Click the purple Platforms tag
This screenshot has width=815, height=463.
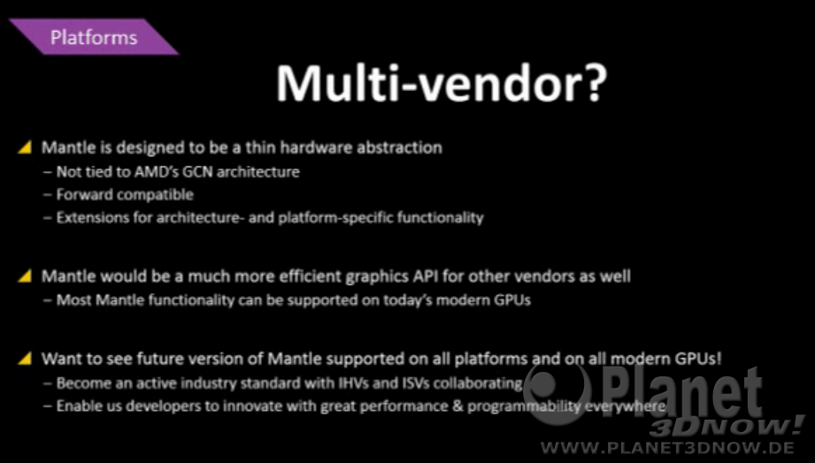click(94, 37)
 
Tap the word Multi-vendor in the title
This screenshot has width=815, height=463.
click(424, 83)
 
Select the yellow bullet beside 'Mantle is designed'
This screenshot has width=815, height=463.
click(25, 148)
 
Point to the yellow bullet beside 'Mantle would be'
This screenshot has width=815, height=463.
click(25, 277)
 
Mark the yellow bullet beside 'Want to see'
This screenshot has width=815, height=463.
click(25, 359)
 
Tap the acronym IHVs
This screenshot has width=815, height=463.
click(355, 383)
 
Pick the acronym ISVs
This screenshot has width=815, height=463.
click(416, 383)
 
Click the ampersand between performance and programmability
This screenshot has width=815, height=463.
click(457, 406)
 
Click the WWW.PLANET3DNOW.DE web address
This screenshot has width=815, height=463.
click(667, 447)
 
